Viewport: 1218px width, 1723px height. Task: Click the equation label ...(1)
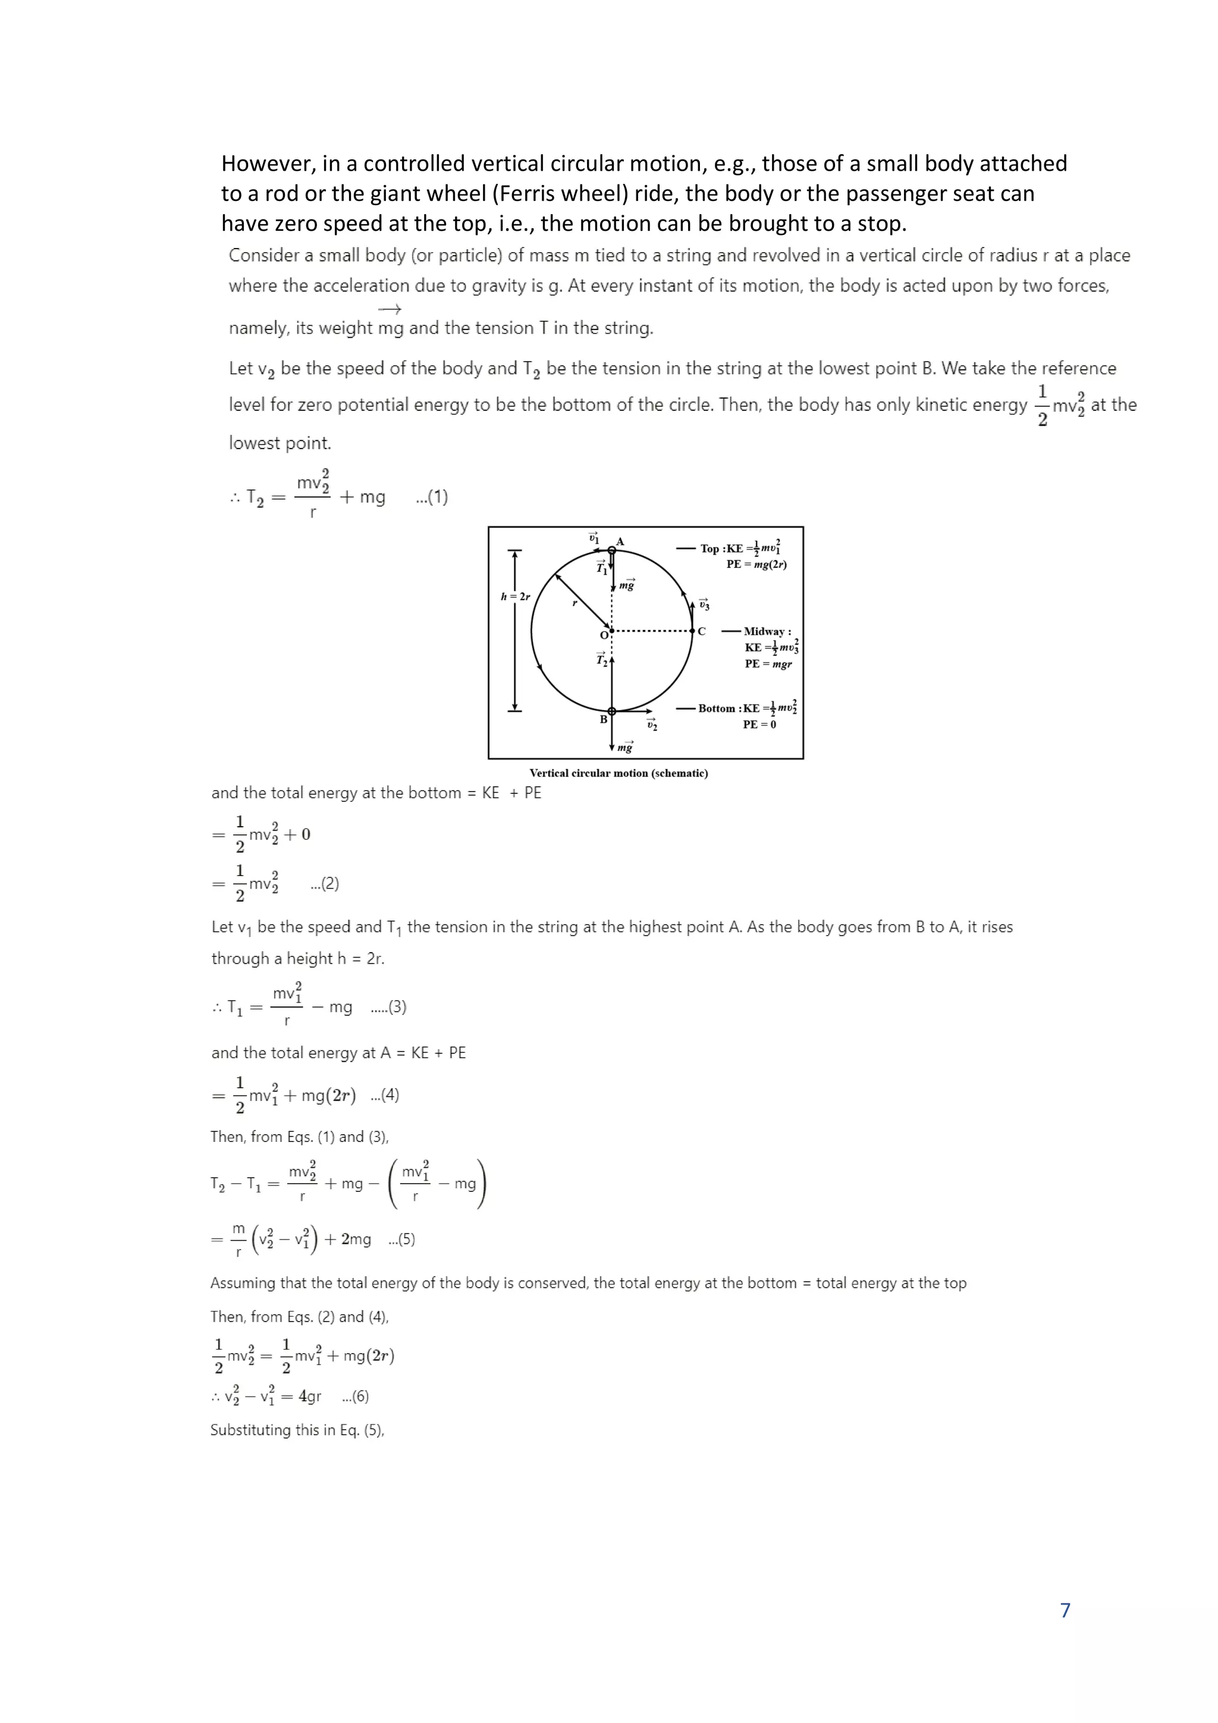coord(432,497)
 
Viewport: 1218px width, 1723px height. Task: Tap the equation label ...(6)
coord(355,1396)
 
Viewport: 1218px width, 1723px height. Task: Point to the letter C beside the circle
coord(702,631)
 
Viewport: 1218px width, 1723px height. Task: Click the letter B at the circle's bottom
coord(604,720)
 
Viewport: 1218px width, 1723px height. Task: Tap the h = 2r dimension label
coord(516,597)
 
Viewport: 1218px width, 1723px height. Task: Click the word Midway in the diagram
coord(764,631)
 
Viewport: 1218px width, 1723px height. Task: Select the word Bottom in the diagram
coord(717,708)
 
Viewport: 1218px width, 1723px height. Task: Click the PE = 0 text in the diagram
coord(759,724)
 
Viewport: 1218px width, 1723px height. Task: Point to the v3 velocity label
coord(704,605)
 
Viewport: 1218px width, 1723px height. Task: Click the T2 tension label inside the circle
coord(602,659)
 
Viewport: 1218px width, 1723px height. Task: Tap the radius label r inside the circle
coord(575,602)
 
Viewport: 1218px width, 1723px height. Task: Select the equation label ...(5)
coord(401,1239)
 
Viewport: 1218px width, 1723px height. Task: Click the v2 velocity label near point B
coord(652,725)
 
